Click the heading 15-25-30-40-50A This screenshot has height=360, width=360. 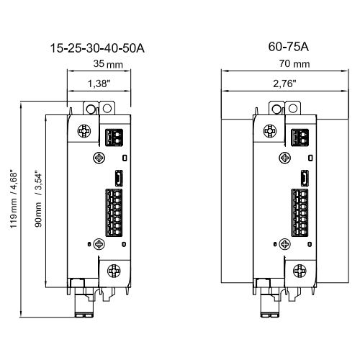pos(97,48)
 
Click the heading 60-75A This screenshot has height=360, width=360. pos(288,47)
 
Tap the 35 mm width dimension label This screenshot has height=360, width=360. pos(108,64)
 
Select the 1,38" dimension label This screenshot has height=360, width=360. pos(99,84)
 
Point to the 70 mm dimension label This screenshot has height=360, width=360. pos(294,64)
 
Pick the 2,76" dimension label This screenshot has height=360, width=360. pos(284,84)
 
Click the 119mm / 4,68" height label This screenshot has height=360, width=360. pos(14,199)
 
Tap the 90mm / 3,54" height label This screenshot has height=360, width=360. pos(38,199)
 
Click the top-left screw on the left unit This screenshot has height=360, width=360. pos(84,131)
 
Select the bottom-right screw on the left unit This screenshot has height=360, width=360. pos(114,271)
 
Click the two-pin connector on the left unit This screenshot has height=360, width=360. pos(114,138)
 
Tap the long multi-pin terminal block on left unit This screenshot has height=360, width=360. pos(114,212)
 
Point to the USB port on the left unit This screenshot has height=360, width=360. pos(119,178)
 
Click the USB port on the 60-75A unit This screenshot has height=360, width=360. pos(305,178)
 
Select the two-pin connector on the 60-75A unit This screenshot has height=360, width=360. pos(300,138)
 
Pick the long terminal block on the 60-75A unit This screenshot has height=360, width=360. pos(300,212)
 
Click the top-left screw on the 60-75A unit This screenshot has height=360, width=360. pos(270,131)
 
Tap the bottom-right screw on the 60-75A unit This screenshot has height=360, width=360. pos(300,271)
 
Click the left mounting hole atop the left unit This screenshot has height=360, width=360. pos(91,109)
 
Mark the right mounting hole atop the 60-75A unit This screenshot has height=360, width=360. pos(293,108)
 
